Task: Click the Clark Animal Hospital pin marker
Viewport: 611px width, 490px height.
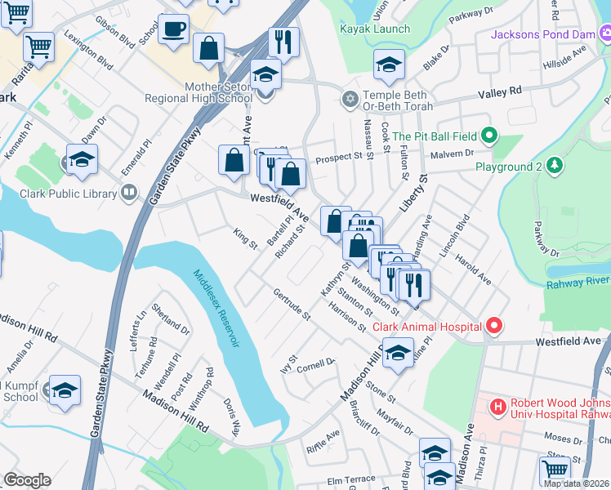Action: [493, 327]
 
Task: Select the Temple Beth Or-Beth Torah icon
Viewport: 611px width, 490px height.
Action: [350, 100]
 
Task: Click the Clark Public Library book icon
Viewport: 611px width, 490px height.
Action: [129, 193]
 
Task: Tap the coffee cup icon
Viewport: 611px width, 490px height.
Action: [173, 30]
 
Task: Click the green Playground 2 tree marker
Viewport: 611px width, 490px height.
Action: [555, 167]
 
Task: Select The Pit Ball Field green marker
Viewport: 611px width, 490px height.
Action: [488, 136]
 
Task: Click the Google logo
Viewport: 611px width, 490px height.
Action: [27, 480]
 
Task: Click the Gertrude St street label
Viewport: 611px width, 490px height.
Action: [292, 303]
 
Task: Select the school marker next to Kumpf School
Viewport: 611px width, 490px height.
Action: [65, 391]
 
